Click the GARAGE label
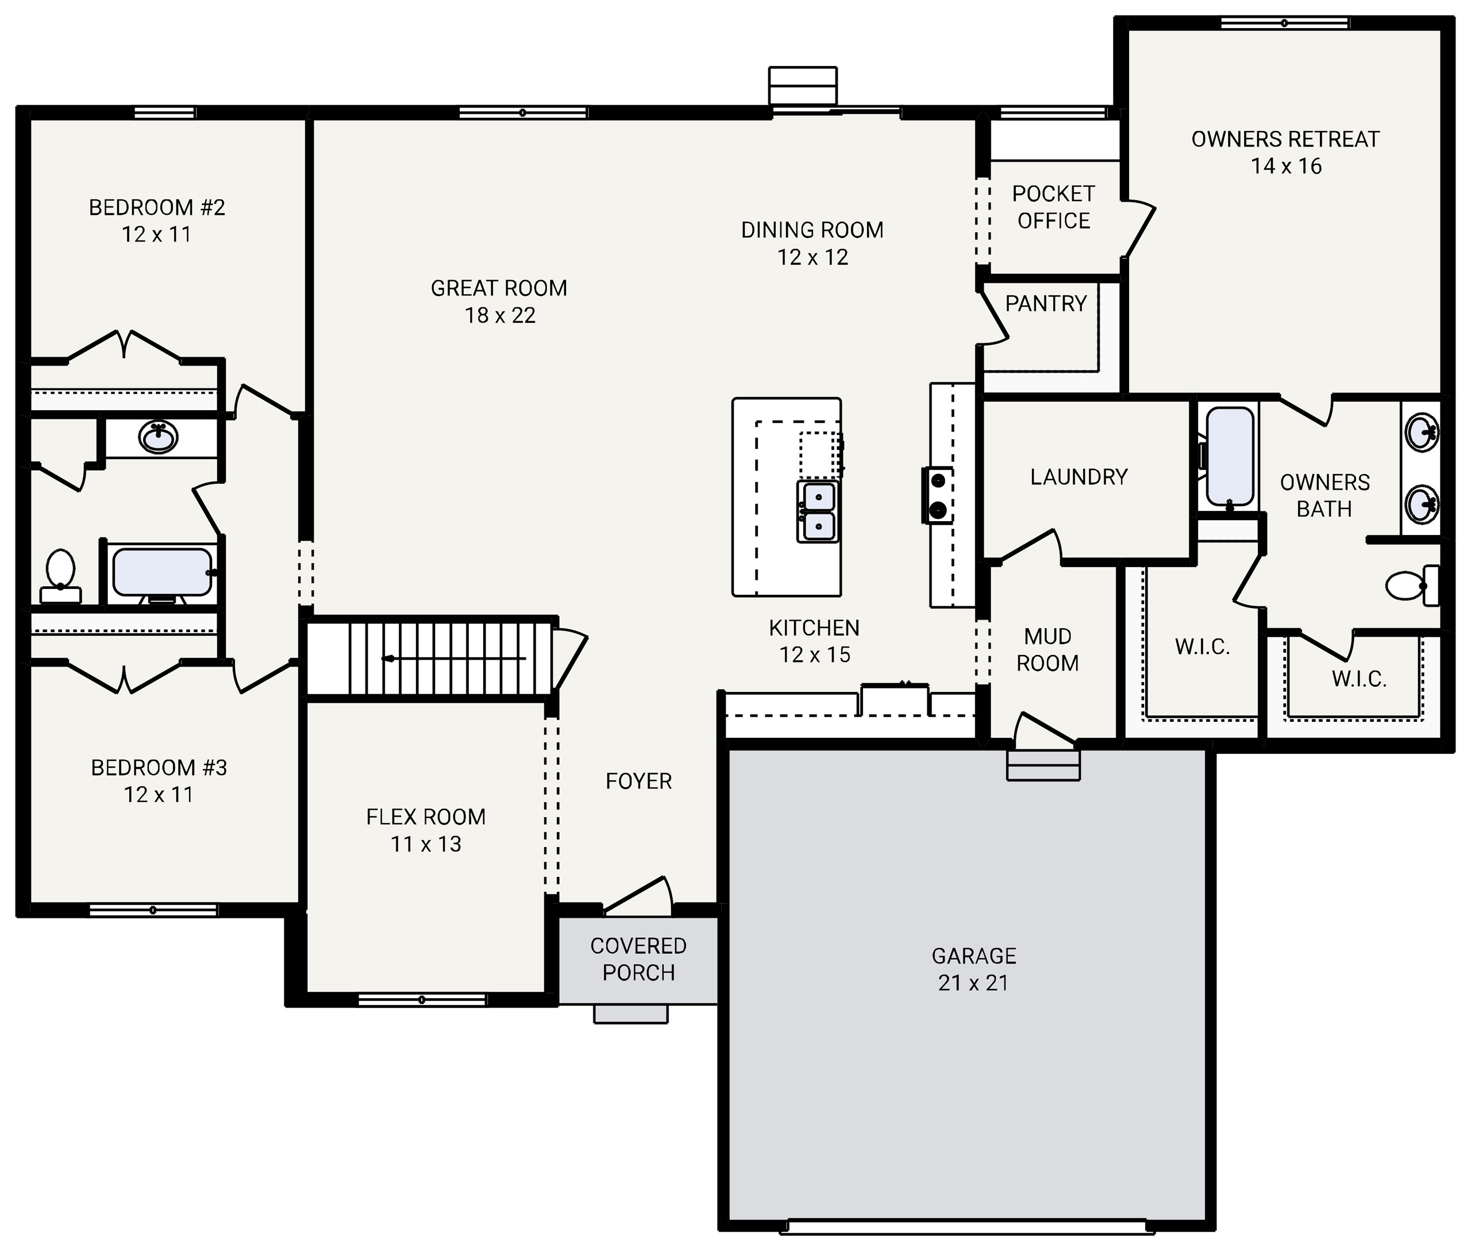click(973, 956)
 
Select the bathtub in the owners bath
click(1230, 457)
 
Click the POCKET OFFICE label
click(1053, 207)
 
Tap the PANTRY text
click(1045, 303)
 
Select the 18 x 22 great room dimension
click(499, 315)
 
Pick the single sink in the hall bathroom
click(159, 437)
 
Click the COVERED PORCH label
click(638, 959)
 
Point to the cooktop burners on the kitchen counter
click(938, 495)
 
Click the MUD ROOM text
click(1047, 649)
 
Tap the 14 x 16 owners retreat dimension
click(1285, 167)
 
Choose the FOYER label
click(638, 782)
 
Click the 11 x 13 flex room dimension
click(426, 845)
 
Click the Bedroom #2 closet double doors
click(124, 346)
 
